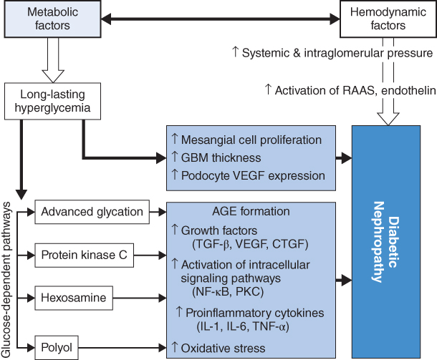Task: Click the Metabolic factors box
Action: (49, 19)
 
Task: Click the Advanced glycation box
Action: (92, 212)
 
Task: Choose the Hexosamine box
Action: (72, 296)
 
